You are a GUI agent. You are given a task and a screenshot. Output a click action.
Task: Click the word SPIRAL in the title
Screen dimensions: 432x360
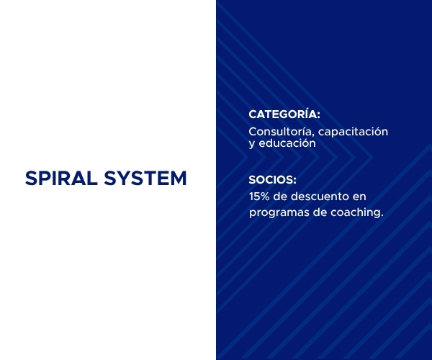click(61, 179)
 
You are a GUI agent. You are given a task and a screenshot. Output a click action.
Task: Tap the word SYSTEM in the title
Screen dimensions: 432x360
click(145, 179)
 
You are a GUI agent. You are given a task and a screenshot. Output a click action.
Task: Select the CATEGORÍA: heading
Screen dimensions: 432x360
click(284, 114)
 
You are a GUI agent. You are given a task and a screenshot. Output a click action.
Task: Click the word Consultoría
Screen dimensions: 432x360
click(282, 132)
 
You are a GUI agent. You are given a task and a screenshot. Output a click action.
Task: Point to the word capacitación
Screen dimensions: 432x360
click(354, 132)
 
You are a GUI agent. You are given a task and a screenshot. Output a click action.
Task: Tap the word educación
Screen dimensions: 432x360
click(287, 143)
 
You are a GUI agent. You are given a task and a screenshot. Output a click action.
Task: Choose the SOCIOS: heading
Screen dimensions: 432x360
click(273, 180)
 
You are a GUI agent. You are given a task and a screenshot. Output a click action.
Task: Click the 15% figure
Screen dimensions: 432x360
click(259, 197)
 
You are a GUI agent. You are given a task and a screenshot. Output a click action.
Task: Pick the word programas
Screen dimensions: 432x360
click(279, 213)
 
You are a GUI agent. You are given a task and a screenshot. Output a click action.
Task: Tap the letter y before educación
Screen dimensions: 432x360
click(252, 144)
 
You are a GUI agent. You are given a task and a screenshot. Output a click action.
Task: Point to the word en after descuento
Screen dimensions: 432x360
click(358, 197)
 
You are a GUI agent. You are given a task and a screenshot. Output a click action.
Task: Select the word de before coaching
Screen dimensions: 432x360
click(319, 212)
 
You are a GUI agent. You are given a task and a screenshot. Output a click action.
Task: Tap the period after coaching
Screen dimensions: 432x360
click(382, 216)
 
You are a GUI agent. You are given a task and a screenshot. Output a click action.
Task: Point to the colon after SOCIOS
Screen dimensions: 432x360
click(295, 181)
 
